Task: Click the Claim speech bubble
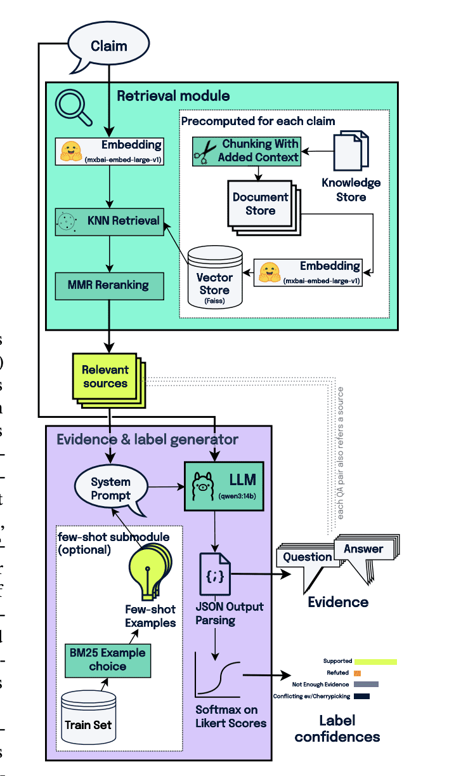108,46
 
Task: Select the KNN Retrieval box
108,222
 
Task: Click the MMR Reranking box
108,286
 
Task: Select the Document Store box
261,203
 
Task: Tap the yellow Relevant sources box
105,377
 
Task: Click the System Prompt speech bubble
111,489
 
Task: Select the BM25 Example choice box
107,659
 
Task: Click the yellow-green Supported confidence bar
375,662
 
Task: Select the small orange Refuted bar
357,672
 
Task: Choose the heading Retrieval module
173,96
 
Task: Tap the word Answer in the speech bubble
363,549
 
